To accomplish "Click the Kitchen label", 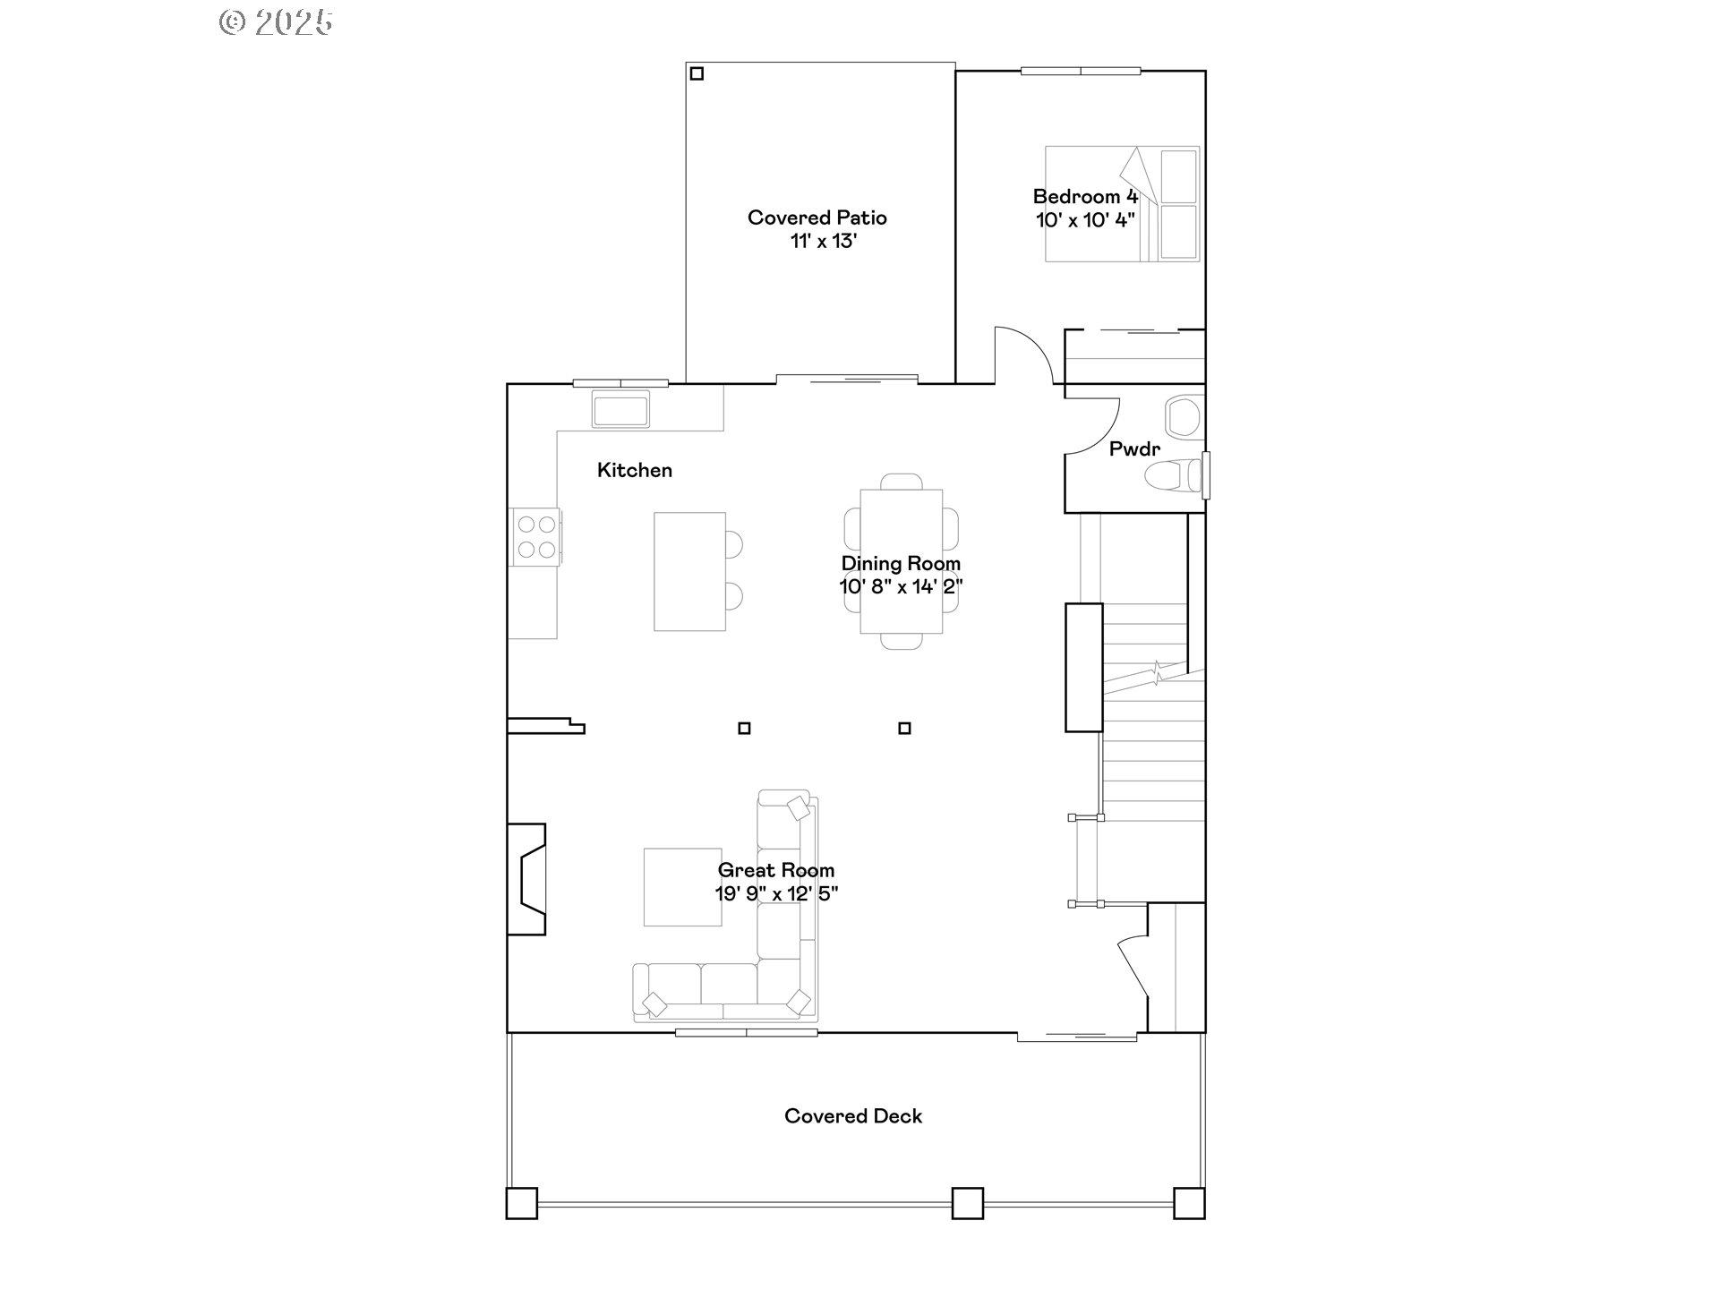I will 634,470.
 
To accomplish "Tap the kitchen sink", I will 620,410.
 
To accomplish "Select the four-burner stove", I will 535,536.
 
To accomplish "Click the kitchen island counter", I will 688,571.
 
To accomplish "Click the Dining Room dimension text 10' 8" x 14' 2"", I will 901,587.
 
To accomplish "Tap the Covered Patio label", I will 817,218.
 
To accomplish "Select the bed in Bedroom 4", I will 1123,204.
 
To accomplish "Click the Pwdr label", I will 1133,449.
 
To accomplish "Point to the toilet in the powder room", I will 1175,476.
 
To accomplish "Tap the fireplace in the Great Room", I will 527,879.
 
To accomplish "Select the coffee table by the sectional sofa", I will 682,886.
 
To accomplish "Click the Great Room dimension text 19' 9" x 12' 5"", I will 775,893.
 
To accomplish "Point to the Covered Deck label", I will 852,1116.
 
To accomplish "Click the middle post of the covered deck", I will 967,1202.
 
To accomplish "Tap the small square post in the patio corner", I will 697,74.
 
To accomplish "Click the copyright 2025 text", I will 276,22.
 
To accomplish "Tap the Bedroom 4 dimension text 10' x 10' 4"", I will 1085,220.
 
